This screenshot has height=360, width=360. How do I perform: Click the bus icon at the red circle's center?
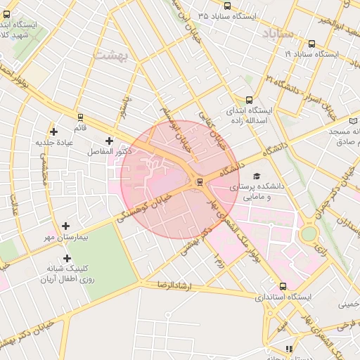(200, 182)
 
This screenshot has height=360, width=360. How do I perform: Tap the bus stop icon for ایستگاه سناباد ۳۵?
(226, 6)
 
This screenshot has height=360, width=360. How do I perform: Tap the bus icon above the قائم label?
(80, 117)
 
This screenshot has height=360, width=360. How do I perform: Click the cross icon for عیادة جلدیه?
(54, 131)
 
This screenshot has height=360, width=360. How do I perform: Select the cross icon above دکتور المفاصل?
(109, 141)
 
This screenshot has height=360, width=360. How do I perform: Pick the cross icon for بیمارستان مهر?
(66, 226)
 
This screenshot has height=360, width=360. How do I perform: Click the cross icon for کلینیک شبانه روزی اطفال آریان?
(66, 258)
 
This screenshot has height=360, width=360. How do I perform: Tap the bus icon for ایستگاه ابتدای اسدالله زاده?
(248, 101)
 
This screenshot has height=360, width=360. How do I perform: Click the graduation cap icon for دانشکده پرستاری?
(256, 176)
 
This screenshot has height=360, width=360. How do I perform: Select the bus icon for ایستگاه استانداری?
(283, 286)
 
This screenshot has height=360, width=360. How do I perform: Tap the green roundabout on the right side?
(309, 234)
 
